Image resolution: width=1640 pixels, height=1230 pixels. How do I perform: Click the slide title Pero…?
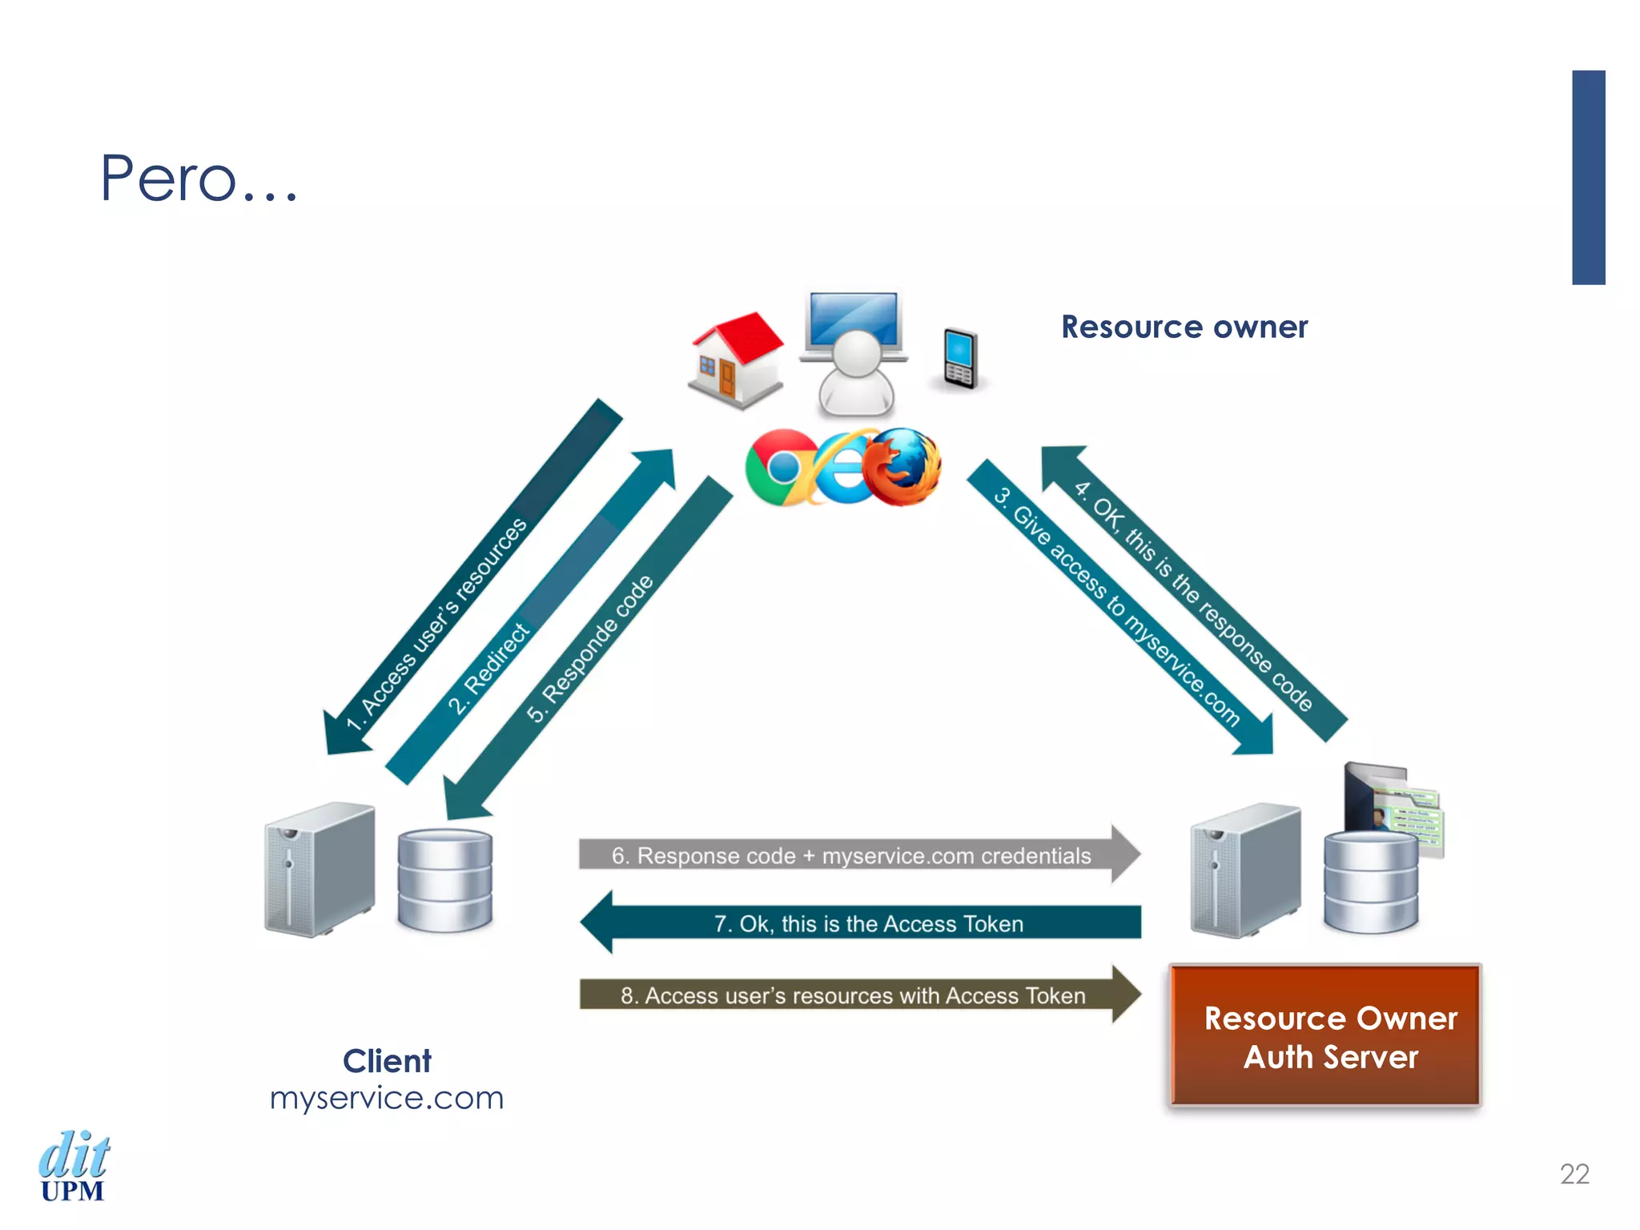[x=199, y=178]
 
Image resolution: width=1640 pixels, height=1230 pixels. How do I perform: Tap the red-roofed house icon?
[x=736, y=360]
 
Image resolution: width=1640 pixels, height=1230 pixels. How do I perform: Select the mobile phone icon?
[x=959, y=359]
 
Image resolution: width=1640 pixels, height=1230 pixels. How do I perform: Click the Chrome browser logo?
[x=782, y=468]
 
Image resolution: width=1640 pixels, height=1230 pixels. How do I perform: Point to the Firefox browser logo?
[x=902, y=467]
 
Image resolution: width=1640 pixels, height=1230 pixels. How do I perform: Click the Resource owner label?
[x=1184, y=327]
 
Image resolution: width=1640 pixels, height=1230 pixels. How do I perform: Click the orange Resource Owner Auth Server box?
[x=1325, y=1036]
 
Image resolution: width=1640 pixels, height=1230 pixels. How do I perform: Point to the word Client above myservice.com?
[x=387, y=1061]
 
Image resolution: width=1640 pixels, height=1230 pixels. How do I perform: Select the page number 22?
[x=1574, y=1174]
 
